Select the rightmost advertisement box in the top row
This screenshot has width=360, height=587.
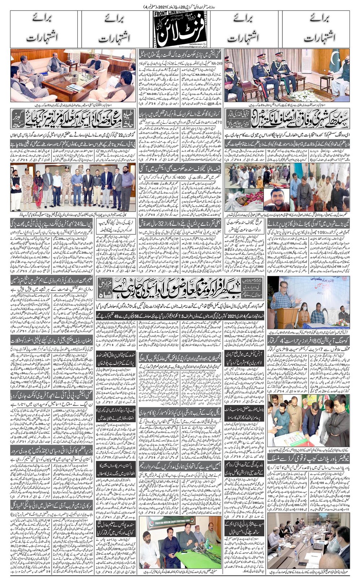(314, 28)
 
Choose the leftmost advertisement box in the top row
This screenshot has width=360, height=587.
(46, 28)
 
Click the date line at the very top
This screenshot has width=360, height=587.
(179, 7)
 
